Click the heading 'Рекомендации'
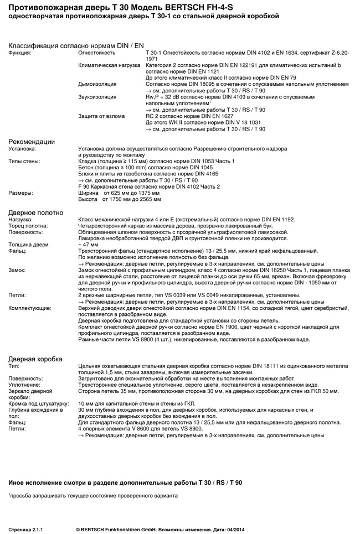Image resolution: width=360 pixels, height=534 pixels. point(32,142)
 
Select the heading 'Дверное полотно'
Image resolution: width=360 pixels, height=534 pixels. point(35,212)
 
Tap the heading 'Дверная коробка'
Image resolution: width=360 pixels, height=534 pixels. point(35,359)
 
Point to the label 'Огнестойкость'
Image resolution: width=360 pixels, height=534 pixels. point(97,53)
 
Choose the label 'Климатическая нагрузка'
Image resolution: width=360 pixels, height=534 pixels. point(110,65)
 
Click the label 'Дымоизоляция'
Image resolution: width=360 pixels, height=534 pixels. point(97,84)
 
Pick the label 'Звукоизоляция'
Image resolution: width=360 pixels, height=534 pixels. point(97,97)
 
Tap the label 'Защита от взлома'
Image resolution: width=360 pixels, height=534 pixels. point(101,116)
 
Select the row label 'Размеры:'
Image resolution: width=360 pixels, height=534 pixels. point(20,193)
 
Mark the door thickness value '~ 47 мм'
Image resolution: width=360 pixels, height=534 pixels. point(89,244)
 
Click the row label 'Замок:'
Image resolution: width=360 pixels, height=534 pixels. point(17,269)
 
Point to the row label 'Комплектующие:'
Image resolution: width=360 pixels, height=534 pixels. point(30,308)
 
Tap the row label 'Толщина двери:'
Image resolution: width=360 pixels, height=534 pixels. point(29,244)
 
